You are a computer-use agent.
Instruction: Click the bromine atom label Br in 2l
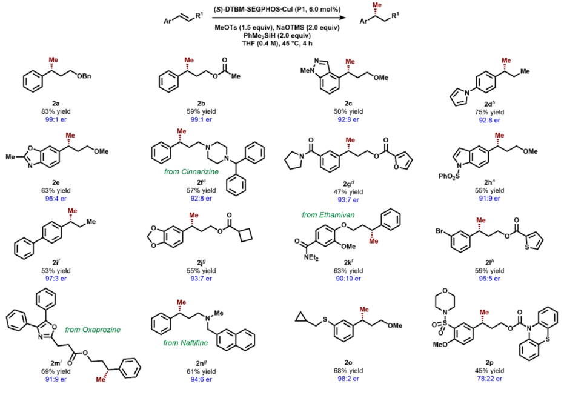(443, 231)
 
